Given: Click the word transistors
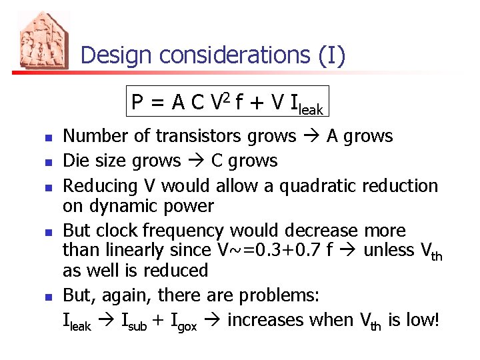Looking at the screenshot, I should [x=199, y=136].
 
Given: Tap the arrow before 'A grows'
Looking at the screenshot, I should [x=311, y=136].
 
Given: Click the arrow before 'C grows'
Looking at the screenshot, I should [x=196, y=161].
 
